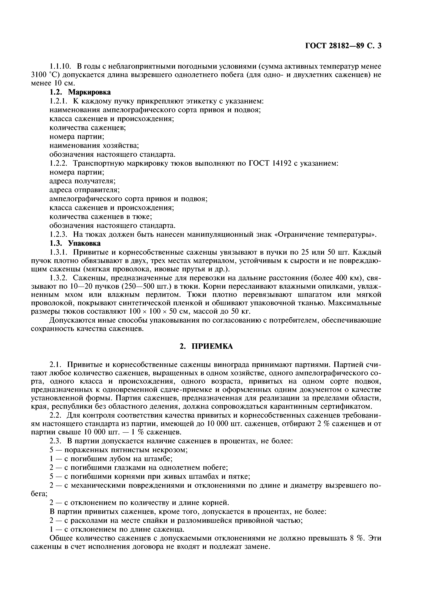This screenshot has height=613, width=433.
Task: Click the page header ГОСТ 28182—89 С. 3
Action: click(x=343, y=46)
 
